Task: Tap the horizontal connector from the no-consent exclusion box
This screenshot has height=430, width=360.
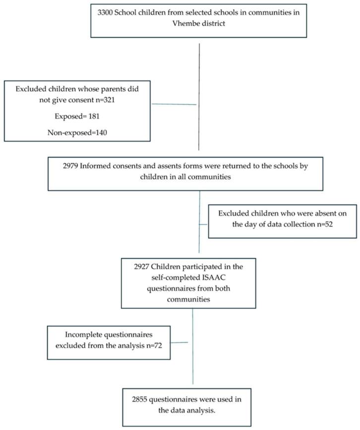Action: point(175,104)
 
